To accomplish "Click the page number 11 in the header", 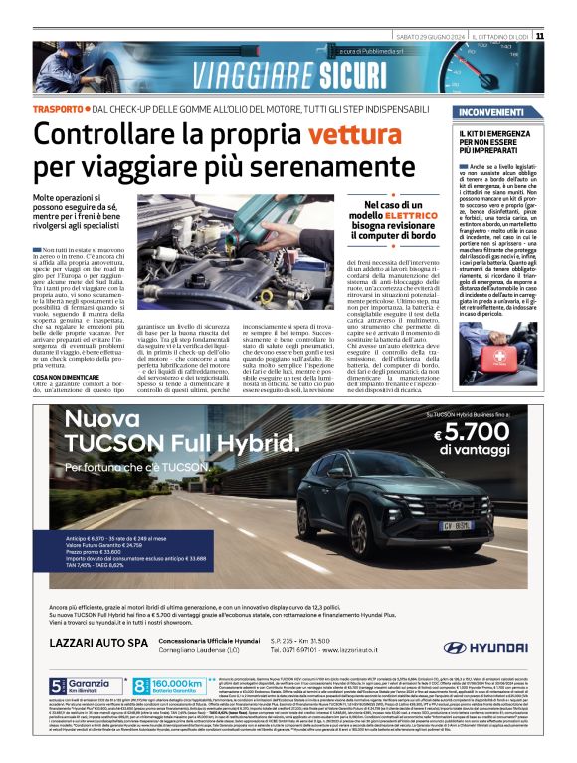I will (x=567, y=36).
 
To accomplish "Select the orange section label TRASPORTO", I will (x=58, y=107).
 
